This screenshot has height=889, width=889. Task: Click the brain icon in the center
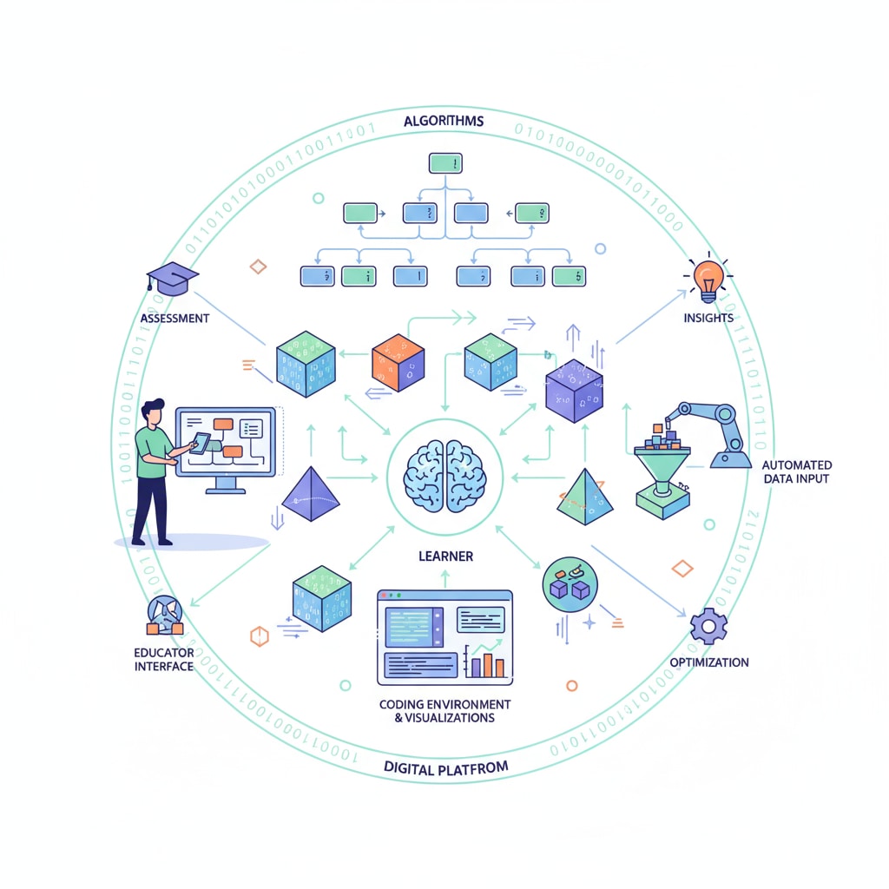(x=444, y=476)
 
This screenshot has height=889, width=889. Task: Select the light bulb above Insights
(x=708, y=278)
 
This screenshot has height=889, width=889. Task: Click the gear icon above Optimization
(x=708, y=625)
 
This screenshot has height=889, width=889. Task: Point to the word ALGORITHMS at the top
(x=444, y=121)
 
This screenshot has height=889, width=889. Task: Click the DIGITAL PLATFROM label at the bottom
(x=445, y=767)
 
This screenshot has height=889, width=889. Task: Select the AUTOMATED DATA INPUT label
(x=795, y=471)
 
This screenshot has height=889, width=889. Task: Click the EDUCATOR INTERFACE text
(x=164, y=659)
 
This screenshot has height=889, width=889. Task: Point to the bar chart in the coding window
(x=488, y=662)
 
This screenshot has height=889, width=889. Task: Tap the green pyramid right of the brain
(x=584, y=497)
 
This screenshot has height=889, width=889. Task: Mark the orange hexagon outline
(x=259, y=636)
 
